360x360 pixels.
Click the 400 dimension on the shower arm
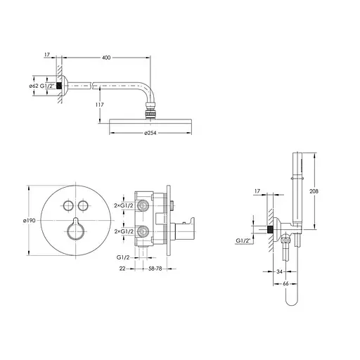(106, 58)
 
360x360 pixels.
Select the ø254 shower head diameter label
(150, 133)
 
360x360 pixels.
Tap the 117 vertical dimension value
(100, 105)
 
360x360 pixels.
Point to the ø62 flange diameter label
(34, 86)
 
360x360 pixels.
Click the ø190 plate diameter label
(30, 221)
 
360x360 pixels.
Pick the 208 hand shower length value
(314, 191)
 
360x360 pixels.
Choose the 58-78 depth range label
(155, 269)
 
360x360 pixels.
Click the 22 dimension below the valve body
(122, 269)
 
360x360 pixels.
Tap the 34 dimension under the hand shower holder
(279, 271)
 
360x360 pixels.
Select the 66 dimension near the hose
(285, 283)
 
